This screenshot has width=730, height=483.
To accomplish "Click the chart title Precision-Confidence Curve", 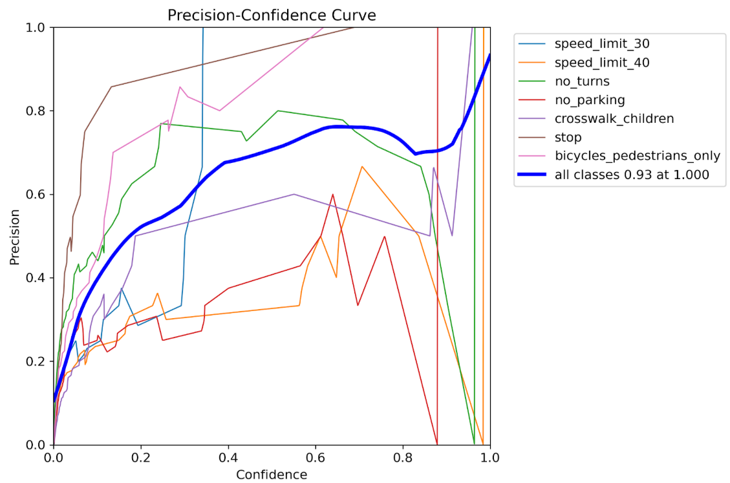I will (x=272, y=15).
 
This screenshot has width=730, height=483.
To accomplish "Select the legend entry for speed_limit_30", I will (x=601, y=44).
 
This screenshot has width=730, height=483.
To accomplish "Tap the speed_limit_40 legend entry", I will (x=601, y=63).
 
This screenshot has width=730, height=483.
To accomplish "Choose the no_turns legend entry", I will (x=582, y=81).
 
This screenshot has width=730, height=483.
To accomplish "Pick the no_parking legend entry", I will (x=590, y=100).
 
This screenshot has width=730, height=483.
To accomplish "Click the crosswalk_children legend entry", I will (x=614, y=119).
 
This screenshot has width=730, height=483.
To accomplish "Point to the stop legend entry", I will (x=568, y=137).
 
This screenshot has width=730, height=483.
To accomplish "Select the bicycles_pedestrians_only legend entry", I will (x=637, y=156).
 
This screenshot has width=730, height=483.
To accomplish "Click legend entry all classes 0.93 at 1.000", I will (x=632, y=175).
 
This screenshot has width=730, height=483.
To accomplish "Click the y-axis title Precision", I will (x=15, y=236).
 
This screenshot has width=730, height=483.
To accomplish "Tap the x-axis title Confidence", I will (x=272, y=475).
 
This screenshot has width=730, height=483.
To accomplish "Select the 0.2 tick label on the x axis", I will (x=141, y=457).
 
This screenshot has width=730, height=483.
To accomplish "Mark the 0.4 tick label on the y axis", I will (x=38, y=278).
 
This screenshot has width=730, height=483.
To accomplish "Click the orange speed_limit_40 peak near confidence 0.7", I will (x=362, y=166).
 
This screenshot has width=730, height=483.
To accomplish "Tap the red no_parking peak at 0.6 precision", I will (x=333, y=194).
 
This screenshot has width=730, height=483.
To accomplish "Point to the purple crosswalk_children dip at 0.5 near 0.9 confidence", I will (x=452, y=235).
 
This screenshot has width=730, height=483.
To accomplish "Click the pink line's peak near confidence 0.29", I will (x=180, y=87).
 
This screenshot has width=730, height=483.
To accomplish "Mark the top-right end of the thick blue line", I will (x=490, y=56).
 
